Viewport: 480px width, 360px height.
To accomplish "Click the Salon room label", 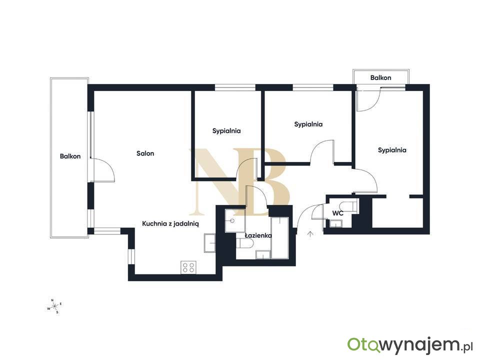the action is click(145, 153).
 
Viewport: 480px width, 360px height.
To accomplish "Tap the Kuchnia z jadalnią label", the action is click(170, 224).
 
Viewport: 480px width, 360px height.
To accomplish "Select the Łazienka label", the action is click(258, 235).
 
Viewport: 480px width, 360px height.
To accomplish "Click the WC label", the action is click(337, 213).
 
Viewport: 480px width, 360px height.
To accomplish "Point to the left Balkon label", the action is click(70, 156).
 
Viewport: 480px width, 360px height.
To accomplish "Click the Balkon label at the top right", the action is click(380, 78).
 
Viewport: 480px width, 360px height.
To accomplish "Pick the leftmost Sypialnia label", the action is click(226, 131).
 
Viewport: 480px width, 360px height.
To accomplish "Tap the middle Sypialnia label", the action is click(308, 124).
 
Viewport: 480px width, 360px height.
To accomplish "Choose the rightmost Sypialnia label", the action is click(392, 150).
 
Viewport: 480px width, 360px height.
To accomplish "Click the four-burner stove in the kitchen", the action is click(188, 267).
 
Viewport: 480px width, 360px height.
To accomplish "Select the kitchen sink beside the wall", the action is click(210, 243).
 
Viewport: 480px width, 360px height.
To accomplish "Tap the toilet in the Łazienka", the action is click(245, 244).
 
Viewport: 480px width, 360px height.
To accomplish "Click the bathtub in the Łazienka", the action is click(280, 238).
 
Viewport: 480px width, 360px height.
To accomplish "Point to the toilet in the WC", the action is click(348, 206).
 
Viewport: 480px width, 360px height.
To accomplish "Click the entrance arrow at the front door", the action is click(310, 234).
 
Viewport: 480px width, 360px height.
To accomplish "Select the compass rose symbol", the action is click(54, 306).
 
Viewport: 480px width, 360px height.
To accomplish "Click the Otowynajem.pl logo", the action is click(410, 345).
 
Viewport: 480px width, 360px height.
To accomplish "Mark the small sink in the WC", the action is click(336, 224).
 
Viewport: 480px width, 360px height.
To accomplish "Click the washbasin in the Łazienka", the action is click(235, 220).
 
